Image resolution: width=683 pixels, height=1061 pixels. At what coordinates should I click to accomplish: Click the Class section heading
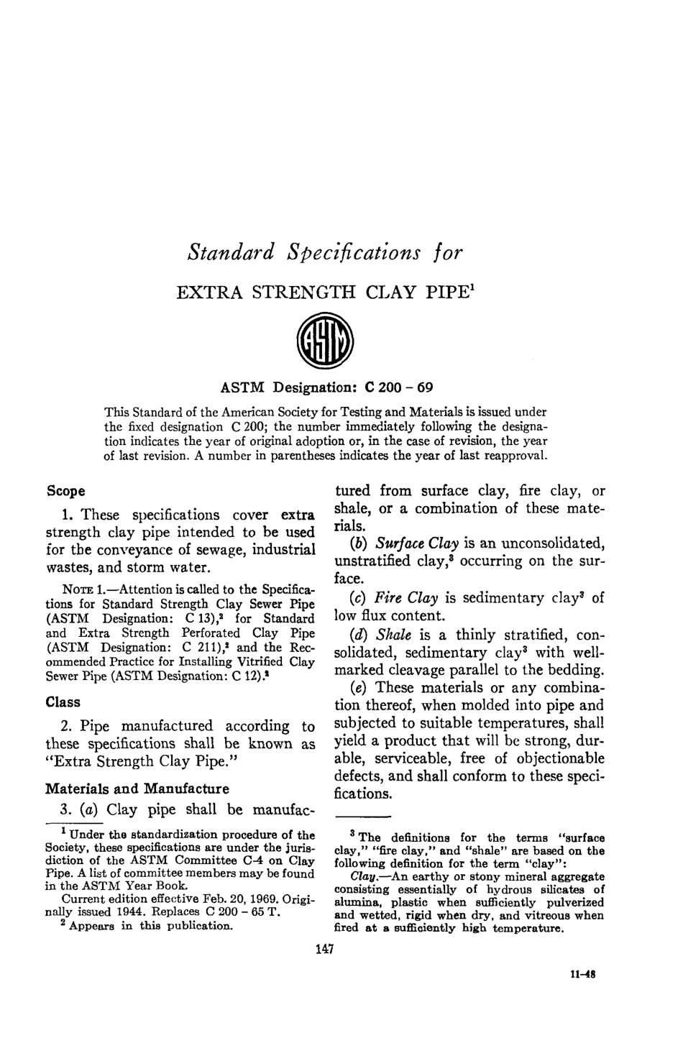coord(63,702)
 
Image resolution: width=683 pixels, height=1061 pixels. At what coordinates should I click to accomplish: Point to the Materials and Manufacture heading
coord(137,788)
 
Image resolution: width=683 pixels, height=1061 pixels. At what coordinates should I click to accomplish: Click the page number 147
coord(325,951)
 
